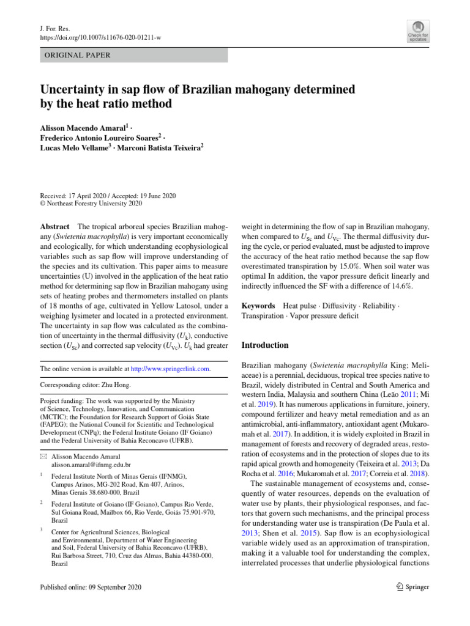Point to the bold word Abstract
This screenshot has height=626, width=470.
54,226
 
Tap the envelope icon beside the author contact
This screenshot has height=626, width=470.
42,457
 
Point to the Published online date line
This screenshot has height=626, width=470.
91,587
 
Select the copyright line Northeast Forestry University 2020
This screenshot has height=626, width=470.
91,203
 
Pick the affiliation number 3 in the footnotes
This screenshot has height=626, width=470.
41,531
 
